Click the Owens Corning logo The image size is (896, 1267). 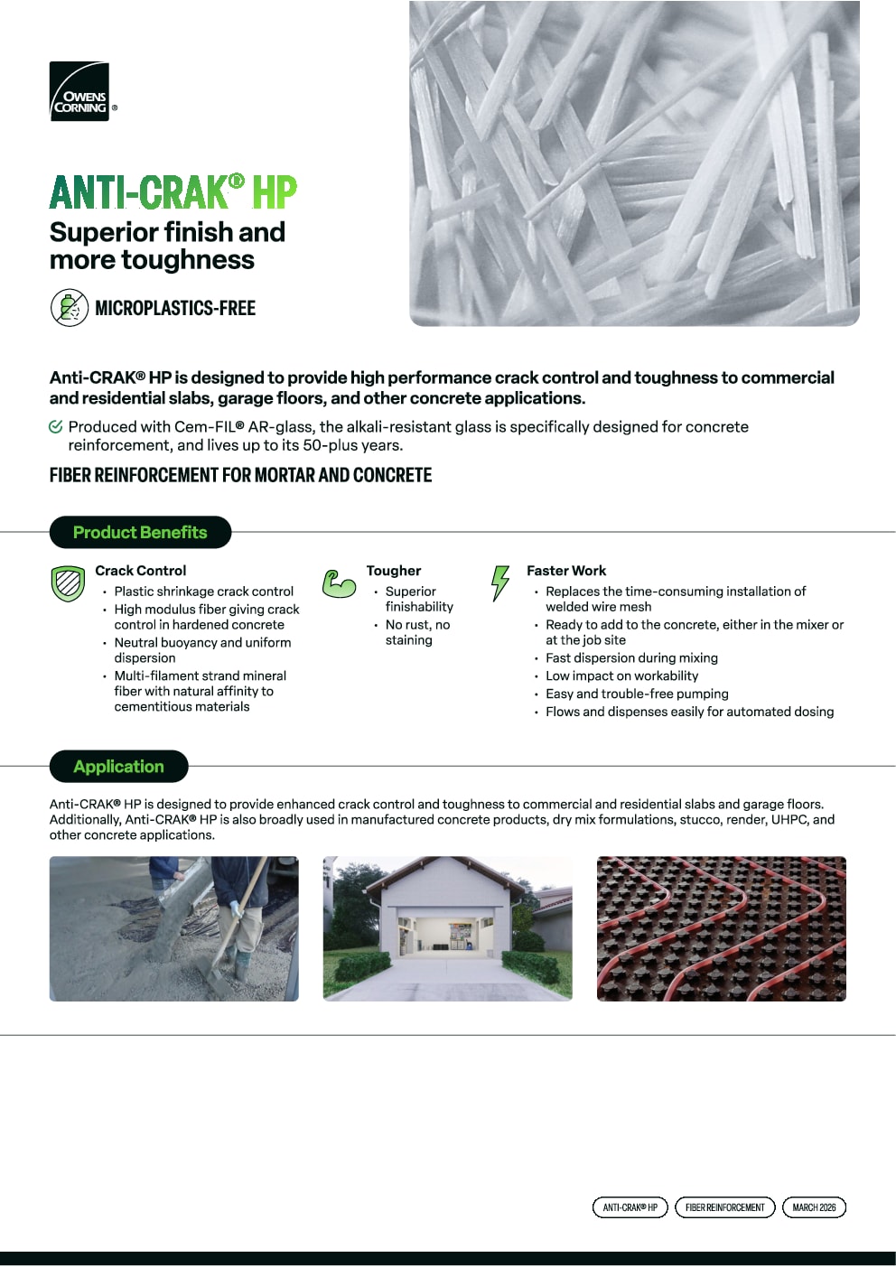pyautogui.click(x=79, y=91)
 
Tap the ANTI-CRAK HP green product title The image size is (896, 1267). pyautogui.click(x=173, y=192)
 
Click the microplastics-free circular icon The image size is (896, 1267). pyautogui.click(x=69, y=308)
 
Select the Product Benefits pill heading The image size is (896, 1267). pyautogui.click(x=140, y=533)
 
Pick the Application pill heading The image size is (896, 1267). pyautogui.click(x=118, y=767)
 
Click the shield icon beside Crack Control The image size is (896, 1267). pyautogui.click(x=68, y=583)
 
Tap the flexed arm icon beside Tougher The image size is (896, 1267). pyautogui.click(x=339, y=583)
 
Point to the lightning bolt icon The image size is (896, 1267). pyautogui.click(x=499, y=582)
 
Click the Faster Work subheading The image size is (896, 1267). pyautogui.click(x=566, y=571)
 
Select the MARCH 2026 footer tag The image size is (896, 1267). pyautogui.click(x=814, y=1207)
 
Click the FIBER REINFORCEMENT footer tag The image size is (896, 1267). pyautogui.click(x=724, y=1207)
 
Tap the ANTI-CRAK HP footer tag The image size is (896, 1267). pyautogui.click(x=630, y=1207)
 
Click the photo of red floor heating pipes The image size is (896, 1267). pyautogui.click(x=721, y=928)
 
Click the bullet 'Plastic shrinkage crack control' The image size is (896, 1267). pyautogui.click(x=203, y=592)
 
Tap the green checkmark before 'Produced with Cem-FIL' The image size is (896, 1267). pyautogui.click(x=56, y=427)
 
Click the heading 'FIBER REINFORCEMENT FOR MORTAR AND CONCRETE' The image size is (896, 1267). pyautogui.click(x=240, y=475)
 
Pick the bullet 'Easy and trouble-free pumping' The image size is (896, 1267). pyautogui.click(x=637, y=694)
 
